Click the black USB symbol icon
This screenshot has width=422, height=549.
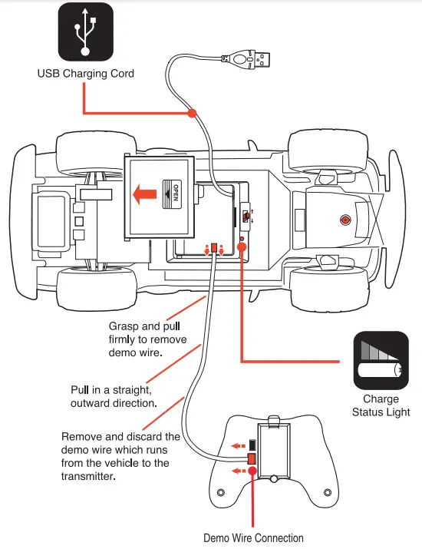tap(86, 31)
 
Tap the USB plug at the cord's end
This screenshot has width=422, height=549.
tap(260, 59)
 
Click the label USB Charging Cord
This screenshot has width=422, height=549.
tap(86, 74)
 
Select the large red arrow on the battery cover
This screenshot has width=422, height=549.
tap(145, 194)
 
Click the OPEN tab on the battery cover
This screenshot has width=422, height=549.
tap(172, 194)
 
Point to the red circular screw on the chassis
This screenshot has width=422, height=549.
tap(345, 220)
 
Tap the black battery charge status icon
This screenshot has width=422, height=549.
tap(381, 361)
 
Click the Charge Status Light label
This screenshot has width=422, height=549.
tap(381, 405)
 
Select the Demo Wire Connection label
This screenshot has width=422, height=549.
tap(253, 537)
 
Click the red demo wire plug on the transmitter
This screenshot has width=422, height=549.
tap(252, 458)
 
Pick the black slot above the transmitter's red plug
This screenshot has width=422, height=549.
tap(252, 445)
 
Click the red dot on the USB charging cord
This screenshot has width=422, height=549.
tap(192, 113)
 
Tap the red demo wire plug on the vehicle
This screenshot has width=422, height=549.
tap(214, 249)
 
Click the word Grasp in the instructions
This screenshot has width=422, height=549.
tap(124, 326)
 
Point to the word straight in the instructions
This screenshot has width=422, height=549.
tap(132, 390)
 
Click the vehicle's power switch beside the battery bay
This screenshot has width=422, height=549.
tap(246, 216)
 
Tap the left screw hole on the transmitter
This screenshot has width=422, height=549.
tap(221, 493)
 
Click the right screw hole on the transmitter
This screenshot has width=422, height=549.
tap(328, 493)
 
